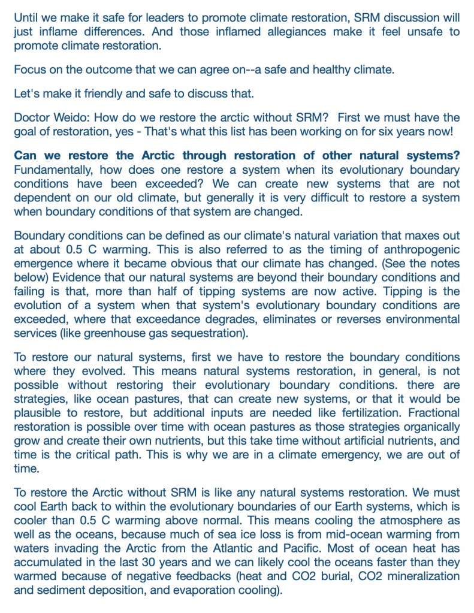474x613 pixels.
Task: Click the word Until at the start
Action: coord(26,17)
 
